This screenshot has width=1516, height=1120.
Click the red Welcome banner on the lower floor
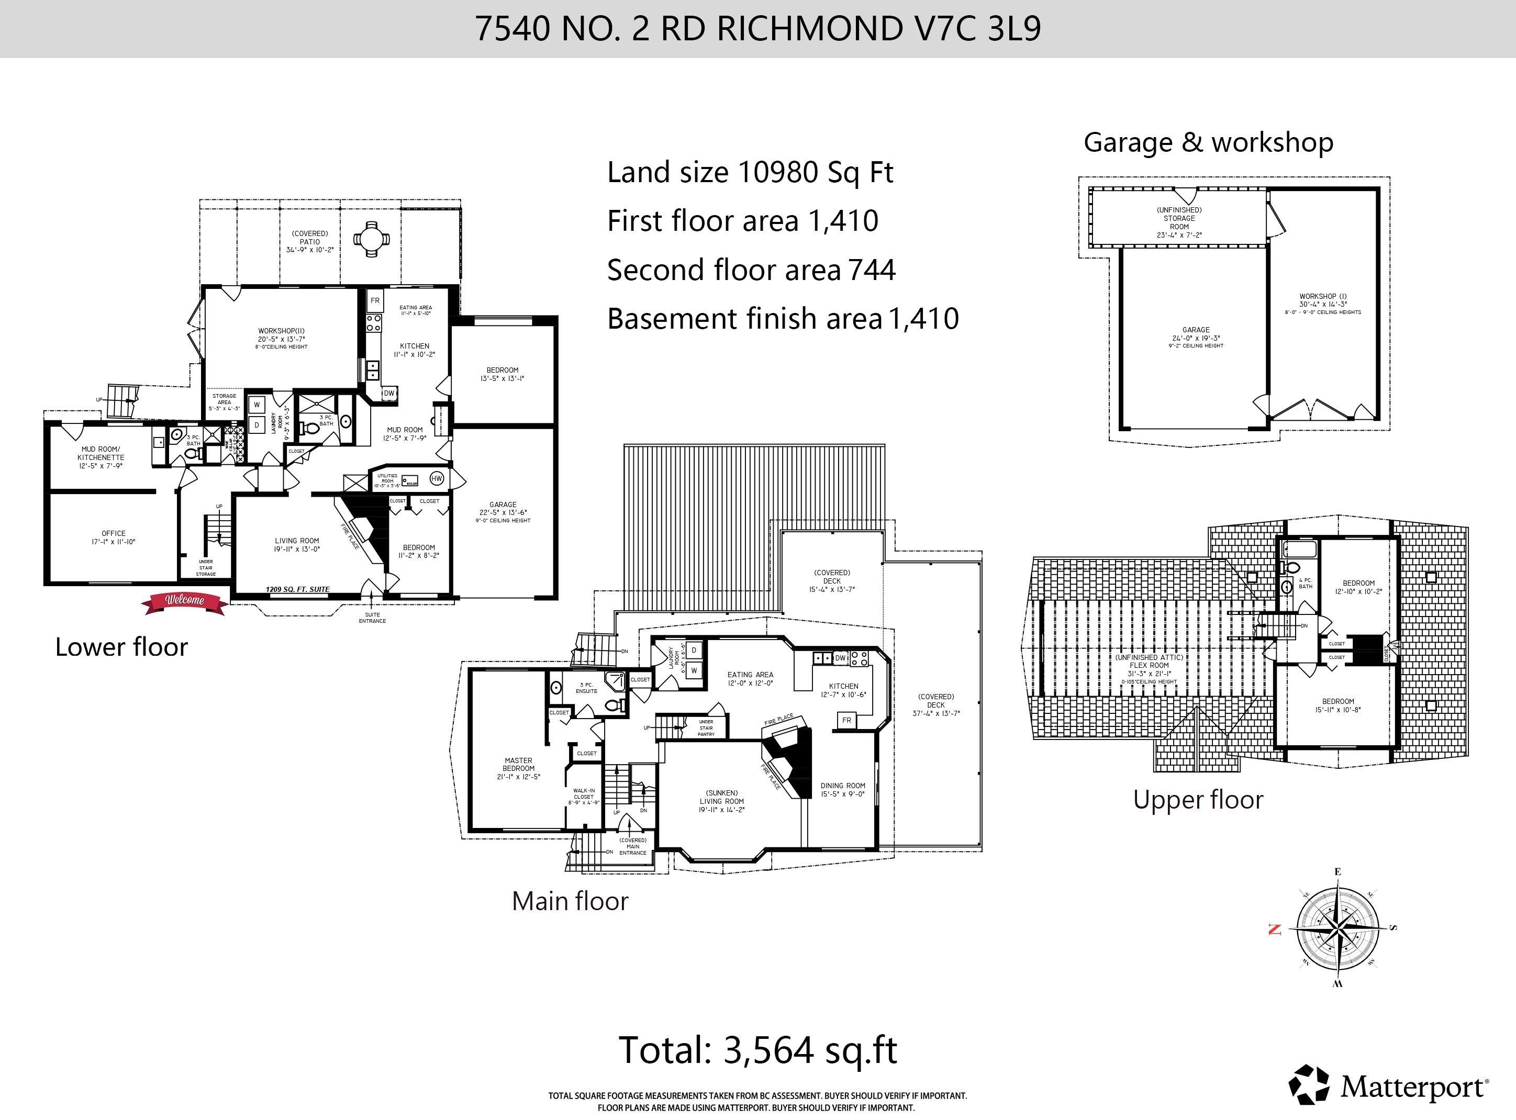pyautogui.click(x=184, y=601)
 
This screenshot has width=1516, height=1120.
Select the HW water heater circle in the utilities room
pyautogui.click(x=437, y=479)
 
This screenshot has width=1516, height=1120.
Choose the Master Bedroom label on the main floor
pyautogui.click(x=518, y=769)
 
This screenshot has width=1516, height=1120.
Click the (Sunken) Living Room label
pyautogui.click(x=721, y=801)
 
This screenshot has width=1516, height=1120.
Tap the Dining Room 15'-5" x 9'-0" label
pyautogui.click(x=843, y=790)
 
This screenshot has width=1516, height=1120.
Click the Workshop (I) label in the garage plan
pyautogui.click(x=1323, y=300)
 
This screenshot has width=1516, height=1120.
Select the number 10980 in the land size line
pyautogui.click(x=778, y=172)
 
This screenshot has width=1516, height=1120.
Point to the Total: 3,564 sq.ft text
pyautogui.click(x=758, y=1050)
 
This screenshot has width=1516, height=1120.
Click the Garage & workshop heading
pyautogui.click(x=1208, y=142)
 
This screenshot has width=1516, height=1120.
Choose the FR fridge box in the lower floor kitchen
pyautogui.click(x=375, y=300)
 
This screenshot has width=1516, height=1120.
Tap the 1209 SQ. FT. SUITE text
pyautogui.click(x=298, y=589)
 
